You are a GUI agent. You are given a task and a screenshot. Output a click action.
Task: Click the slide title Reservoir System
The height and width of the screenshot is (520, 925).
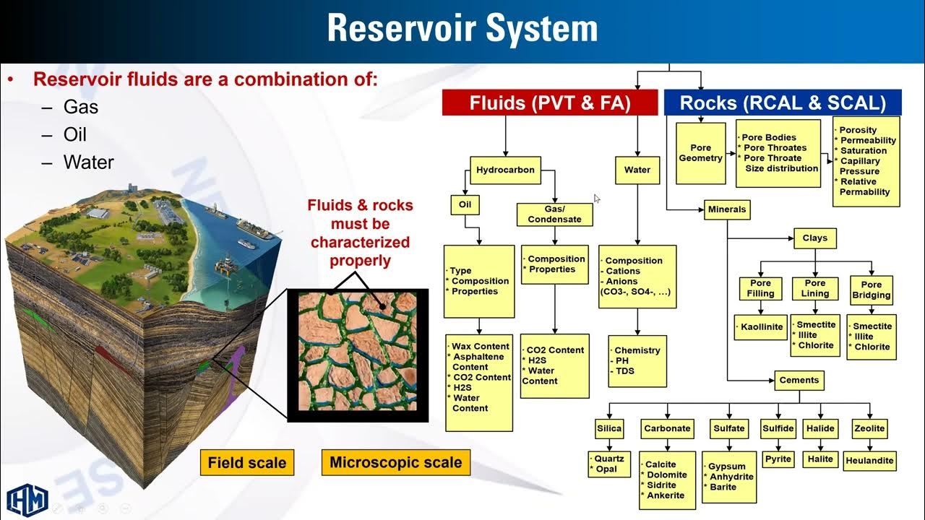pos(462,29)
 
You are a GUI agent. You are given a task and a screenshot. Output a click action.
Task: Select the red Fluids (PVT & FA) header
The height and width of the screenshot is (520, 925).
pos(550,103)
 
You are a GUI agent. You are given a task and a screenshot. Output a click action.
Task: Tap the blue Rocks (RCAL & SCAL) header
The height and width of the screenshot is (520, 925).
pos(783,103)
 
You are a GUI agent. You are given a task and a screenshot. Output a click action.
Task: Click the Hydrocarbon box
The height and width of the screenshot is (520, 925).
pos(505,170)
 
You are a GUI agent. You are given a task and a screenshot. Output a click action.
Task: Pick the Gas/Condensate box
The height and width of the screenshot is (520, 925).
pos(554,214)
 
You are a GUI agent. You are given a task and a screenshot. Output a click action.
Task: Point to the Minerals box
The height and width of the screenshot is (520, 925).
pos(726,210)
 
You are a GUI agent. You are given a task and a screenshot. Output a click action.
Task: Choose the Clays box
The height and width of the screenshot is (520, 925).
pos(814,238)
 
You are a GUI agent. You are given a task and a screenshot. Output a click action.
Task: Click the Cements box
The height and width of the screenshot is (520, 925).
pos(799,380)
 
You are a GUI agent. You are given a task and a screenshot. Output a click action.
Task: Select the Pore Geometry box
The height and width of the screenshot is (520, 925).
pos(700,153)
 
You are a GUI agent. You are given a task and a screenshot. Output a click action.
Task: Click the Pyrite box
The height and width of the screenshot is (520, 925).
pos(778,459)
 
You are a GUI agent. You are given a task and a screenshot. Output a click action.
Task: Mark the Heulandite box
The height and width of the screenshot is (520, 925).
pos(869,460)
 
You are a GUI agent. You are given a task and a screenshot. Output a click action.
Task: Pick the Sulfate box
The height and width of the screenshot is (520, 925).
pos(728,428)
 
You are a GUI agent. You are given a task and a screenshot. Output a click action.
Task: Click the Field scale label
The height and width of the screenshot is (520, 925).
pos(247,462)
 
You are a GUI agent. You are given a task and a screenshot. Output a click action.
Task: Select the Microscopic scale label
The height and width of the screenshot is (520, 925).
pos(395,461)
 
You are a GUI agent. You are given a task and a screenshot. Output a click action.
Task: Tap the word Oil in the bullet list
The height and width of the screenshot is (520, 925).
pos(74,134)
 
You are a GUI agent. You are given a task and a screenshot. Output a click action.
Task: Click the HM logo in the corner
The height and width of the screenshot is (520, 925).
pos(27,498)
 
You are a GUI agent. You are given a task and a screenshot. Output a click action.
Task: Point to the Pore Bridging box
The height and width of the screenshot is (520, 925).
pos(871,290)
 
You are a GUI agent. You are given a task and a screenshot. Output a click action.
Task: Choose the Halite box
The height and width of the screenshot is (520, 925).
pos(820,459)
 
